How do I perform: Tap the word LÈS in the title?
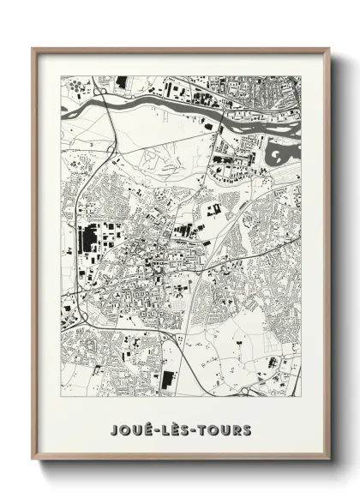175,429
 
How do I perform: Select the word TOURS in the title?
223,429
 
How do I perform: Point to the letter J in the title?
115,429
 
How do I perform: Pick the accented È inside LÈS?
175,428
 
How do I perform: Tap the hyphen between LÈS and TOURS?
191,429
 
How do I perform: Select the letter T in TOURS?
200,429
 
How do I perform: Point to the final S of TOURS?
247,429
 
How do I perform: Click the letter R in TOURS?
235,429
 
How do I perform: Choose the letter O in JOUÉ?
126,429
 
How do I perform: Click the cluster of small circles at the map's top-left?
78,86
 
